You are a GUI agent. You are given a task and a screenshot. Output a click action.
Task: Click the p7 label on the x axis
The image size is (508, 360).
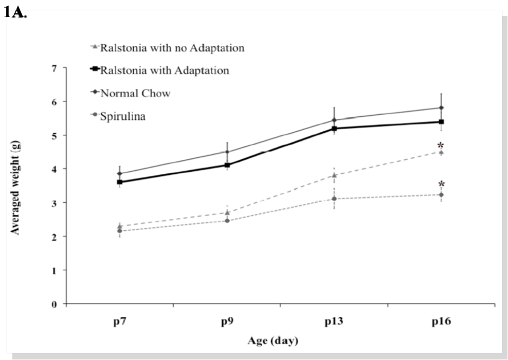119,322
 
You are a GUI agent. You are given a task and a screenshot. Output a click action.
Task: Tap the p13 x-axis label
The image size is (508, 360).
334,322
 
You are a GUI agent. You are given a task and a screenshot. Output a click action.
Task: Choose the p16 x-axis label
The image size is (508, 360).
441,322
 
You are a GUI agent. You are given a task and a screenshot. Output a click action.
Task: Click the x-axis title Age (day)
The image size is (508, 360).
273,340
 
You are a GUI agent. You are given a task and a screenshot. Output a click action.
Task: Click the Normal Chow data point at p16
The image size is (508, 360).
441,108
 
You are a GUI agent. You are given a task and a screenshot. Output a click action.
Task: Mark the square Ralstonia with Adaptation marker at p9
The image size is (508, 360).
227,165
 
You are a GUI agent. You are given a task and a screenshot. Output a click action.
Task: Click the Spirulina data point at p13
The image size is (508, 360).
334,199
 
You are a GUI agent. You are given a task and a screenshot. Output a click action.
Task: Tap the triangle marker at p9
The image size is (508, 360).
227,212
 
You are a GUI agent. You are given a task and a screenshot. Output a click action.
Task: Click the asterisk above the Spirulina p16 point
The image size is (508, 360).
441,185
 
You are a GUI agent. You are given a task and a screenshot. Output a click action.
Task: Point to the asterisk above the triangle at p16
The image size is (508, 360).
440,146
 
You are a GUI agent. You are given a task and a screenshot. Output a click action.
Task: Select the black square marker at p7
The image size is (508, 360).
119,182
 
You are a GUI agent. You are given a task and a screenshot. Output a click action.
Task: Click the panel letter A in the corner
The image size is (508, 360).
19,13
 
